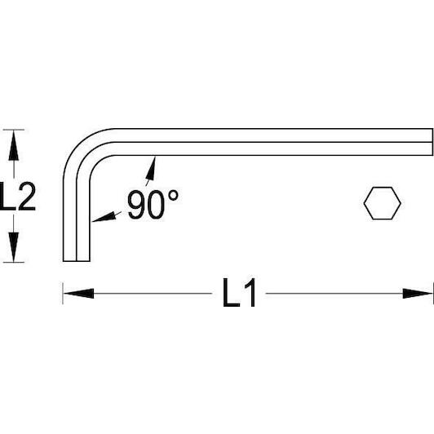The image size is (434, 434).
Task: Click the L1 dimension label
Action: [x=239, y=293]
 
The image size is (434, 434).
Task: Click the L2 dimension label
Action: [x=18, y=196]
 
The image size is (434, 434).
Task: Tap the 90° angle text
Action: [x=153, y=204]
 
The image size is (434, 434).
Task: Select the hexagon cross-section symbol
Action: [x=382, y=203]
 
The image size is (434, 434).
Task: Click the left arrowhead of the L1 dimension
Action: [x=78, y=294]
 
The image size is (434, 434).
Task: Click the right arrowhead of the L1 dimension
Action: [x=418, y=294]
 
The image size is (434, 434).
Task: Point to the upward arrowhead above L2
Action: [x=13, y=145]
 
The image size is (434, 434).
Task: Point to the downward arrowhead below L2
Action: [x=13, y=246]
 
